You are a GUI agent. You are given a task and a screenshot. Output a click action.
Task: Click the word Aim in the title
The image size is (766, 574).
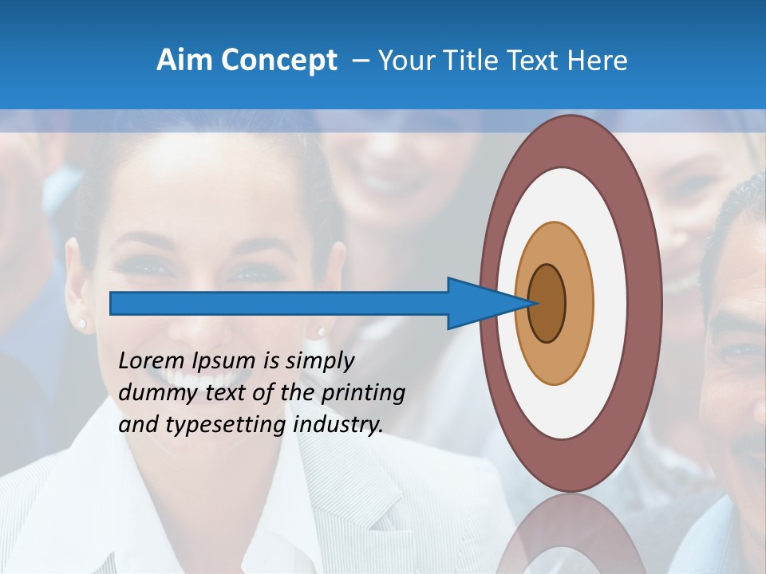[185, 61]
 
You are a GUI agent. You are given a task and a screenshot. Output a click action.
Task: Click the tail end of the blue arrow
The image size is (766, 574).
[113, 303]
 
